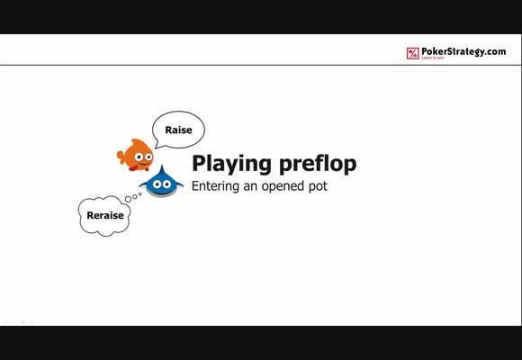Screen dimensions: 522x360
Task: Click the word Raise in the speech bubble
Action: [178, 130]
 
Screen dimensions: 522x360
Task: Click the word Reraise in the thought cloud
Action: [105, 215]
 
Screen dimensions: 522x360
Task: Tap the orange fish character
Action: [136, 155]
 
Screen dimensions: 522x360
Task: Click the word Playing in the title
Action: [231, 164]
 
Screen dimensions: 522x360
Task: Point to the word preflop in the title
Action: [318, 164]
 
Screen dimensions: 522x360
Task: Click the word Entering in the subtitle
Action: [215, 186]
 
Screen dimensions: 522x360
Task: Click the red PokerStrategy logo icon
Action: [413, 53]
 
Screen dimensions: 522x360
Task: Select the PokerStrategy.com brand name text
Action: [463, 51]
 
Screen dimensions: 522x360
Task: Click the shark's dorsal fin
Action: [162, 169]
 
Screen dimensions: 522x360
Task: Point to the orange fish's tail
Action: [121, 157]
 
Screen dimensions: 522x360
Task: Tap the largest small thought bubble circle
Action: [128, 199]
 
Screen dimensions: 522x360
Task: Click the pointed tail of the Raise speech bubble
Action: [157, 146]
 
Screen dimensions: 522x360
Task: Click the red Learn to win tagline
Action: [433, 58]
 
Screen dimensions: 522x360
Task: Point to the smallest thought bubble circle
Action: [139, 193]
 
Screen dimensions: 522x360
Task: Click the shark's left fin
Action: [143, 184]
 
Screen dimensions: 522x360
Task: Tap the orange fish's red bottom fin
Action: [133, 169]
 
